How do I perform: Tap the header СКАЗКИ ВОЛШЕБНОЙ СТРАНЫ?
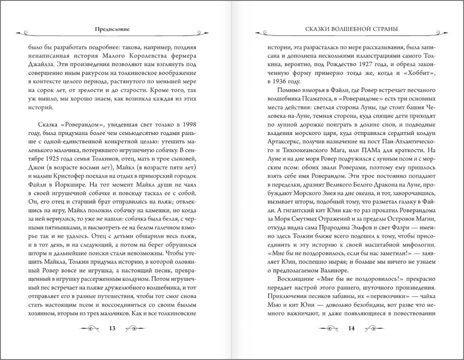tap(346, 29)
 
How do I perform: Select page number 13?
tap(112, 329)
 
